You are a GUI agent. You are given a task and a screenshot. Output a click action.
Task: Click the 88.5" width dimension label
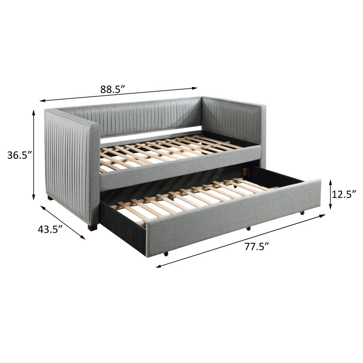(113, 89)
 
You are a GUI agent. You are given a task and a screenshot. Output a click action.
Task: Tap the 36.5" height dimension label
(20, 155)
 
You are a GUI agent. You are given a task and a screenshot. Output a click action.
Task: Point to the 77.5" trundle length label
(257, 247)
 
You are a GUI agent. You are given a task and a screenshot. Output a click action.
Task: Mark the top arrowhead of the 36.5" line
(34, 113)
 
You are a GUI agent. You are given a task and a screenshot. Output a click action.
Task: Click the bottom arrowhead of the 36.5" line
(34, 197)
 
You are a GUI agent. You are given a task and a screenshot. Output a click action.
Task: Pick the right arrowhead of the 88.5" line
(195, 88)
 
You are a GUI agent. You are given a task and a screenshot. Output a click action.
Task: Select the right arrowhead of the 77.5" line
(323, 216)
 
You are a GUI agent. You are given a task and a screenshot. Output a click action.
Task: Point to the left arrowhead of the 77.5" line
(159, 266)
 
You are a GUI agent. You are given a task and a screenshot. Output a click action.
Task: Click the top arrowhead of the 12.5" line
(331, 182)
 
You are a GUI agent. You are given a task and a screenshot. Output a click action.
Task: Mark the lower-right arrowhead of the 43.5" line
(83, 237)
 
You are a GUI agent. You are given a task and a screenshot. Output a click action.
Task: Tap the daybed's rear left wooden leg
(50, 198)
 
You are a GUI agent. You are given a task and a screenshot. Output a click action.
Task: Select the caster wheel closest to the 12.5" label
(302, 213)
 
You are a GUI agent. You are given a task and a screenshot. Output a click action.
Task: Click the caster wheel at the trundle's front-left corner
(166, 254)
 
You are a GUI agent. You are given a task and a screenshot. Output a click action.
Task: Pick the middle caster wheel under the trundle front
(248, 229)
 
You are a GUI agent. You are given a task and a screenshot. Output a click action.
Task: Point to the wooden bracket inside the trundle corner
(246, 172)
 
